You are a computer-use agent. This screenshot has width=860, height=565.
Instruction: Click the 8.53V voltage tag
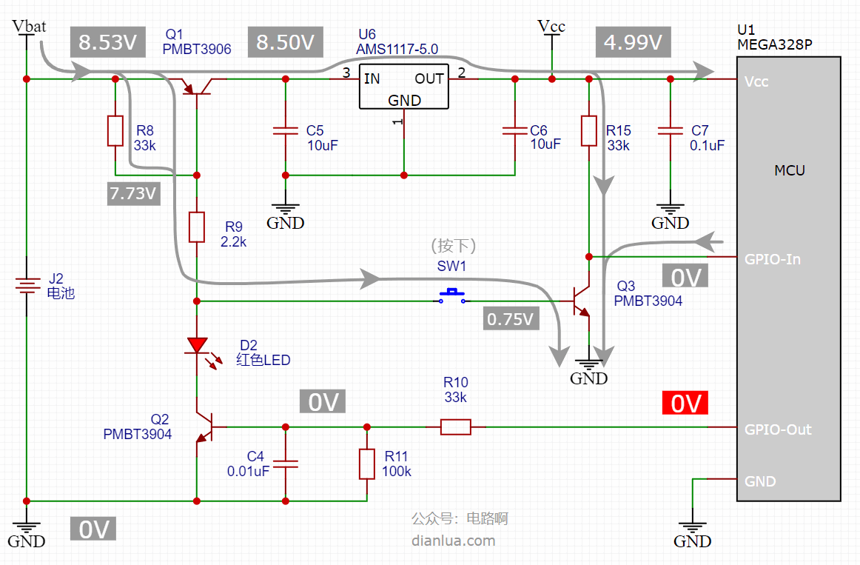(107, 41)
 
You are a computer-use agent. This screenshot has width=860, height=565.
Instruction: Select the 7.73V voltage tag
(133, 193)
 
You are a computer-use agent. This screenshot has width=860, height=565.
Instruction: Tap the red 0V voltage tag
(685, 403)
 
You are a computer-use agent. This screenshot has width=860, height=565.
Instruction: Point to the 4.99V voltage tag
(633, 41)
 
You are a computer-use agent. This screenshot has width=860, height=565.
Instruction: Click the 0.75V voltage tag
(511, 318)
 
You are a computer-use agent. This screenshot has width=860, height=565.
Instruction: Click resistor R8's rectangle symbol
(115, 130)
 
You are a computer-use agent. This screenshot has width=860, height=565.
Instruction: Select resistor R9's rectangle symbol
(197, 227)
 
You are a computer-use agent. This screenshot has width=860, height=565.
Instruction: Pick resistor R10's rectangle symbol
(456, 427)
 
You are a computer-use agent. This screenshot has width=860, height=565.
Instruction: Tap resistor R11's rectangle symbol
(367, 464)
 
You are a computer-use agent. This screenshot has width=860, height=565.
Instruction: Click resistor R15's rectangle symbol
(589, 130)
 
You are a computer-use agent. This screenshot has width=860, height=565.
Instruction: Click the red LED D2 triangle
(197, 346)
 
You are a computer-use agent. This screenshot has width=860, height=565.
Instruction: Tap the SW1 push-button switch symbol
(452, 296)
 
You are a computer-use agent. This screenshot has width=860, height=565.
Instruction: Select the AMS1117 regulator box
(403, 86)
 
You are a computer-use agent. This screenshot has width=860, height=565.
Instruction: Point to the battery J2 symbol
(27, 285)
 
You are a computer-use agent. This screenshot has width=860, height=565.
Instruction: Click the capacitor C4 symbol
(286, 464)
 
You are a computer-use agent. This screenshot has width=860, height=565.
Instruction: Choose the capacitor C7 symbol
(671, 130)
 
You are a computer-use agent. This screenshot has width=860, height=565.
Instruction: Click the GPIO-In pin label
(772, 259)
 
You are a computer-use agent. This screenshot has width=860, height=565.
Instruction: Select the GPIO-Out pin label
(778, 429)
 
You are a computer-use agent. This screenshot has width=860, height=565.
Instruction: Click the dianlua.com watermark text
(453, 541)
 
